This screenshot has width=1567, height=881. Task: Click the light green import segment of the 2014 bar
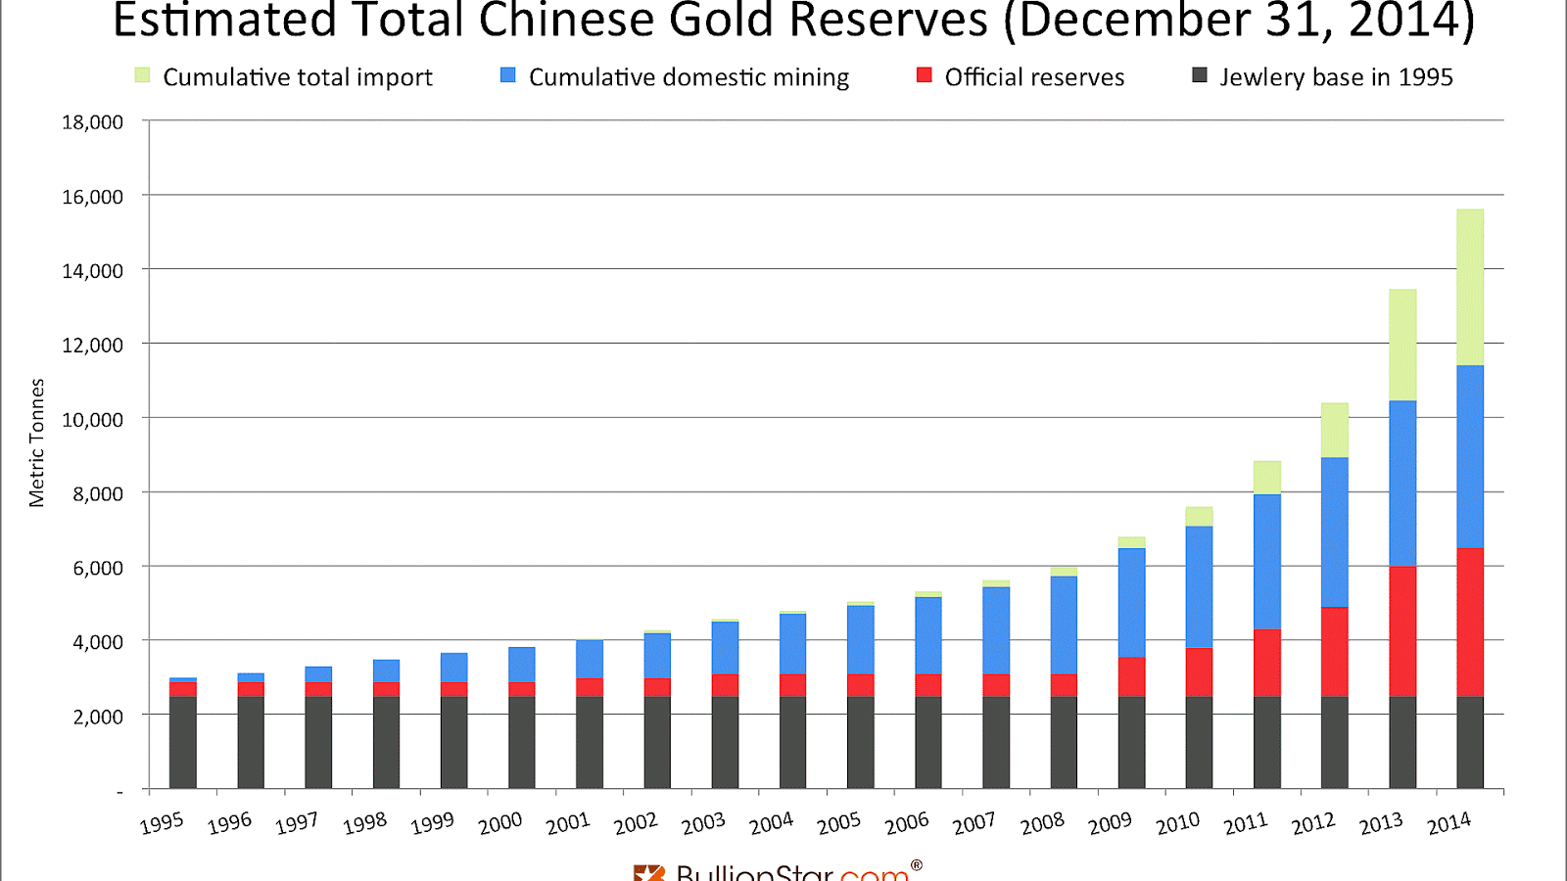pos(1470,287)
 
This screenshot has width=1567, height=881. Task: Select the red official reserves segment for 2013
pos(1402,631)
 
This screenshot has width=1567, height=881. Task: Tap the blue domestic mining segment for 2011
pos(1267,562)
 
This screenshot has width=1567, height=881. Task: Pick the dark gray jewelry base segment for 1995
pos(183,742)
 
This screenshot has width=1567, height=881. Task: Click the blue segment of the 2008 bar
pos(1064,625)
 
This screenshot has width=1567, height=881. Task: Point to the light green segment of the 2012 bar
pos(1335,430)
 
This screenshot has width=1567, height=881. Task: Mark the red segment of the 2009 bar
pos(1131,676)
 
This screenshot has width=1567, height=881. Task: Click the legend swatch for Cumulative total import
pos(143,75)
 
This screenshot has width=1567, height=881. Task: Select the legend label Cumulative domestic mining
pos(689,77)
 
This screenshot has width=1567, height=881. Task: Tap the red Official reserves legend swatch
pos(924,75)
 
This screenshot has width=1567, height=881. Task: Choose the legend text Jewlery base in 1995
pos(1336,77)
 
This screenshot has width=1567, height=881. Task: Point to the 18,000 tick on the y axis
pos(92,122)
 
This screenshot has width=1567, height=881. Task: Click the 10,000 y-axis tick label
pos(92,419)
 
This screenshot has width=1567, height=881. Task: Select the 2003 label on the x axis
pos(703,823)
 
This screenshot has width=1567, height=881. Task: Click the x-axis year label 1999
pos(432,823)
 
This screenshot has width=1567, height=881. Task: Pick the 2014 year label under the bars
pos(1448,823)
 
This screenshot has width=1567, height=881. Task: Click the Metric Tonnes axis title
pos(37,442)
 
